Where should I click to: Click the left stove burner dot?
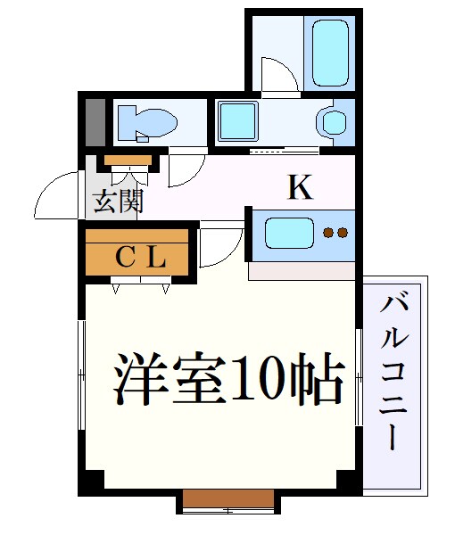click(328, 234)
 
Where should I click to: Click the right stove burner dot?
click(342, 234)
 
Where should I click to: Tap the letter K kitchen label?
click(300, 187)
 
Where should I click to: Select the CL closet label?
click(140, 258)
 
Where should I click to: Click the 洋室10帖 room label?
click(228, 381)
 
